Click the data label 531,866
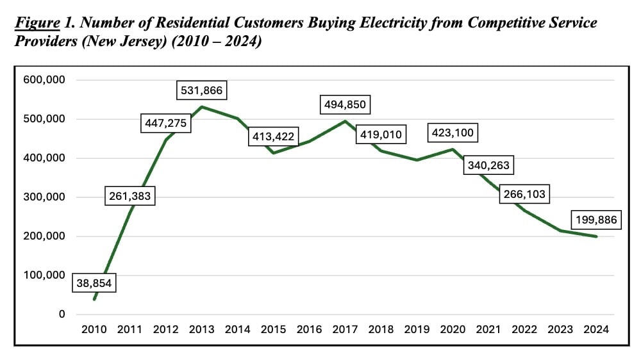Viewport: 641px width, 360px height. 201,90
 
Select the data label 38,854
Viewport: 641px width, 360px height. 94,282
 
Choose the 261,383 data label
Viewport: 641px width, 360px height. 130,196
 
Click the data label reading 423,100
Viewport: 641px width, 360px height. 453,135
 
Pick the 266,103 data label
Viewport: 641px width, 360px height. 526,195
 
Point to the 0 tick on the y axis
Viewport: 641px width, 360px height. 62,315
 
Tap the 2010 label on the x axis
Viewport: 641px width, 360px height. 95,329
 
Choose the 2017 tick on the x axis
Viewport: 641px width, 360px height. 345,329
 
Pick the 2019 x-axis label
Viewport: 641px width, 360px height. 417,329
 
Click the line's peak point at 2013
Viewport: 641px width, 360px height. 202,107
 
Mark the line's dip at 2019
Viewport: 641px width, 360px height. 417,160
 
